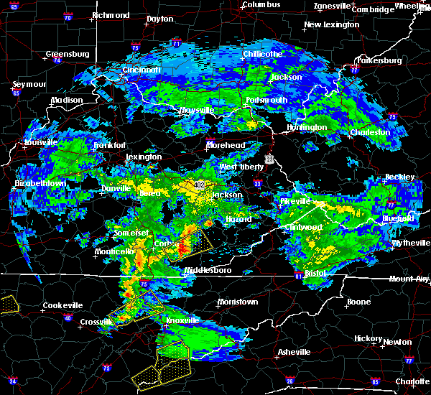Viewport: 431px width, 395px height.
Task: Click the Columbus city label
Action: coord(259,5)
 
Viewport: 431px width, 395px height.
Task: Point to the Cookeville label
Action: coord(62,305)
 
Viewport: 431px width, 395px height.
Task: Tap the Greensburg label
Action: coord(67,54)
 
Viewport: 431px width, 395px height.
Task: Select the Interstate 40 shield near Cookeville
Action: coord(68,317)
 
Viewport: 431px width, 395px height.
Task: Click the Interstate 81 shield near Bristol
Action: coord(299,275)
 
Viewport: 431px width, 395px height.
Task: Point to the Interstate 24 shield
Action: coord(12,381)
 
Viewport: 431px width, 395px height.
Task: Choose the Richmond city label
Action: coord(110,15)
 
